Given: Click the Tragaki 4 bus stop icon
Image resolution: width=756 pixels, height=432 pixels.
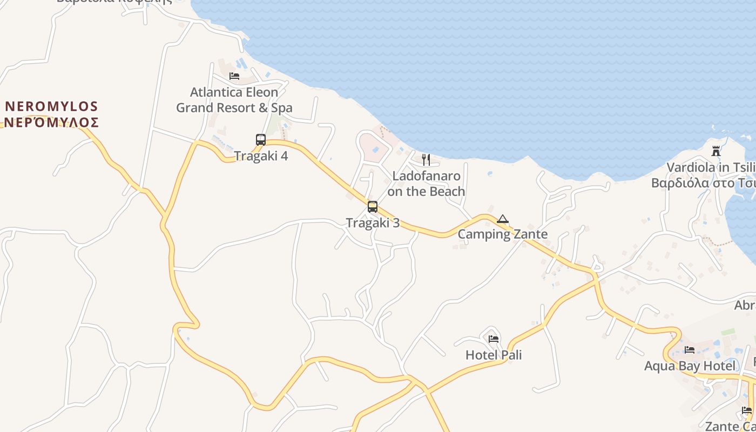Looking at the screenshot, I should click(x=261, y=140).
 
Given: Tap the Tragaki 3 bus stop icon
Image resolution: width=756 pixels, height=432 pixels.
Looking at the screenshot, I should click(x=373, y=206).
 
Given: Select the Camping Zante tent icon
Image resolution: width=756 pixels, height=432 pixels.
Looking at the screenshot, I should click(x=503, y=219).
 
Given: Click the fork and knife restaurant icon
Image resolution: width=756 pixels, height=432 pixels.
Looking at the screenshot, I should click(x=426, y=159).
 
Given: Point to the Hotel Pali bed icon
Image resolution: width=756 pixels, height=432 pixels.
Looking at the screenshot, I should click(x=494, y=339).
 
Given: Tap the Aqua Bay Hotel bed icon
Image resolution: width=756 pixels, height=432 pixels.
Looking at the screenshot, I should click(x=690, y=350).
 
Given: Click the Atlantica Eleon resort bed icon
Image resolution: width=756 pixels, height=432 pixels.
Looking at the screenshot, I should click(x=234, y=76).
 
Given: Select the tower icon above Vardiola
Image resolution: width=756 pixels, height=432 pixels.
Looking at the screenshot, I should click(x=716, y=151).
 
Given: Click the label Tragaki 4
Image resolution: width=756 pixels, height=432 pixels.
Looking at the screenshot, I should click(x=261, y=156).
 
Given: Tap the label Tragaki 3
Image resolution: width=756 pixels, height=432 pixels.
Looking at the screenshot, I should click(x=373, y=222).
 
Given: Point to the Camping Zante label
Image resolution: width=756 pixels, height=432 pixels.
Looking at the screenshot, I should click(x=503, y=234).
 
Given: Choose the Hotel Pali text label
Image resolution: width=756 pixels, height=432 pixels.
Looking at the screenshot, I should click(x=494, y=355).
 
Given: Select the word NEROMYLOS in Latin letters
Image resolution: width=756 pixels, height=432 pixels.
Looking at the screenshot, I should click(x=51, y=106).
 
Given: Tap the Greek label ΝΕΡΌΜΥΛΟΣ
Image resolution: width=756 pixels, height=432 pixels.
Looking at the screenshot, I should click(x=51, y=122).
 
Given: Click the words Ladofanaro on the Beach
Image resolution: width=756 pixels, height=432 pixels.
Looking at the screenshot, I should click(x=426, y=184).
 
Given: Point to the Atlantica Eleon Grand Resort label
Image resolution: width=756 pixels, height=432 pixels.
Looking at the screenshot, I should click(x=234, y=100).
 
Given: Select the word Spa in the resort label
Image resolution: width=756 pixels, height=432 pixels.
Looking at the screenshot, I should click(x=282, y=108).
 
